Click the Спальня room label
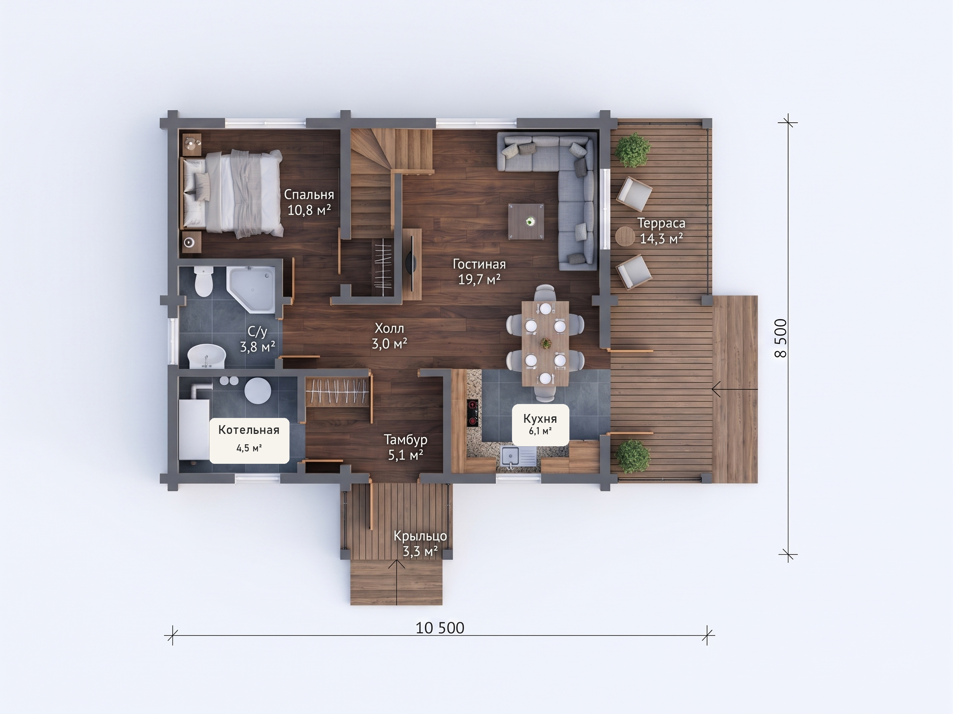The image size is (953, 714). pos(309,202)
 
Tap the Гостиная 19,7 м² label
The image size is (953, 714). pos(479,272)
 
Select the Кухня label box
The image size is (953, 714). pos(540,425)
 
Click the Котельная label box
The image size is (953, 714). pos(249,440)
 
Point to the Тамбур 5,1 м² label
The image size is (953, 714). pos(406,447)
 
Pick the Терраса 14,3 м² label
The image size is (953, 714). pos(662,231)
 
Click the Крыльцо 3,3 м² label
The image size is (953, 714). pos(420,543)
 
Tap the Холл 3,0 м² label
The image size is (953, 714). pos(390,336)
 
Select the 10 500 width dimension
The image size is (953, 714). pos(440,628)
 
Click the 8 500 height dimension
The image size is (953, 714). pos(781,338)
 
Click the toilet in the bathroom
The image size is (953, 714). pos(203,281)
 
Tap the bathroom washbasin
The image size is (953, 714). pos(207,356)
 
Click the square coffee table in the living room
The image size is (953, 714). pos(526,222)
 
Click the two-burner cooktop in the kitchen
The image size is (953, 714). pos(473,413)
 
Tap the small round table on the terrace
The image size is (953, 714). pos(624,236)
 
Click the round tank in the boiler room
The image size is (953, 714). pos(258,390)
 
